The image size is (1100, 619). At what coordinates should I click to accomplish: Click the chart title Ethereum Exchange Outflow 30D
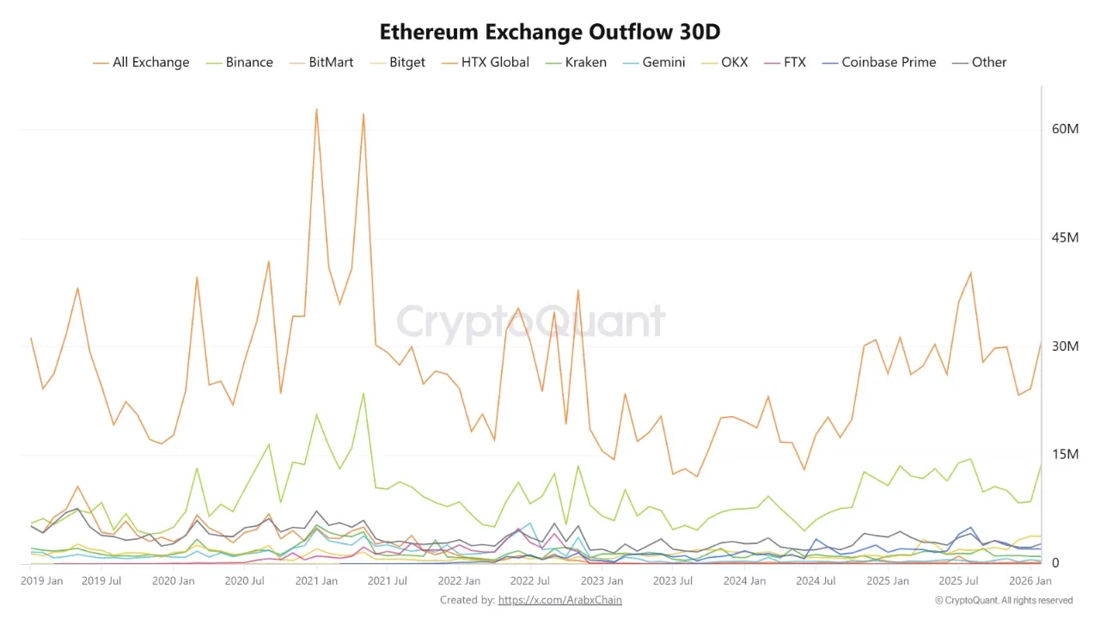tap(550, 32)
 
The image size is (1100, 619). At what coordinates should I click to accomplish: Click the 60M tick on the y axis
tap(1065, 129)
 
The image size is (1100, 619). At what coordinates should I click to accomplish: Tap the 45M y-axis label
tap(1065, 237)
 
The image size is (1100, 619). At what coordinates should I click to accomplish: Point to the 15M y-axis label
tap(1065, 455)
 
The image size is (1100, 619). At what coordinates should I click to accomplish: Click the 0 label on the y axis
tap(1055, 563)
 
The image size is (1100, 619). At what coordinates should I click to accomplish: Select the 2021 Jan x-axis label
tap(316, 581)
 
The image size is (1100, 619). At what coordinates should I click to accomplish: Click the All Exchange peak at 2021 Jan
tap(316, 109)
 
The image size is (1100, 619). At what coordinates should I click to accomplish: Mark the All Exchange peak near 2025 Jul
tap(970, 273)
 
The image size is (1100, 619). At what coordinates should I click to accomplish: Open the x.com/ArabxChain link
tap(559, 600)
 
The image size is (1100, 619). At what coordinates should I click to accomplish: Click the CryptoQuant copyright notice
tap(1004, 600)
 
